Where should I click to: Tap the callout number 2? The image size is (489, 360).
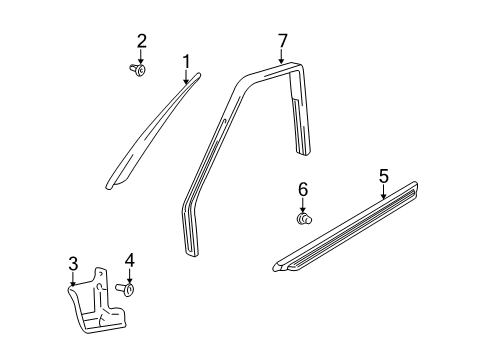click(142, 41)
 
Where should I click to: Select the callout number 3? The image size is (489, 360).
click(73, 264)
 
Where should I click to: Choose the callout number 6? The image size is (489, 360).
click(302, 188)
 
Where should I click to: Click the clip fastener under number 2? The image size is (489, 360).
click(139, 69)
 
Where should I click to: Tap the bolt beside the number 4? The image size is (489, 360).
click(127, 290)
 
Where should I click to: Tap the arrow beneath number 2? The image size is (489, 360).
click(142, 56)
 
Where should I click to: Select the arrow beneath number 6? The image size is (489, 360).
click(302, 203)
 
